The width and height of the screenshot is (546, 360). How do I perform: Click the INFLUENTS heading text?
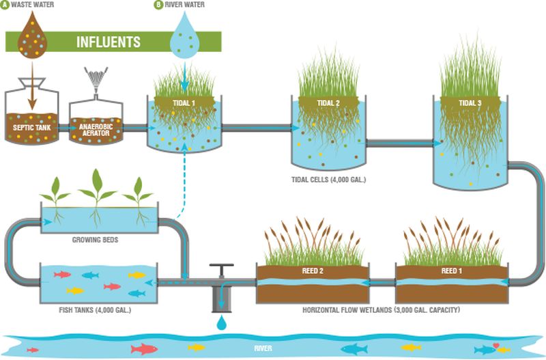[x=109, y=41]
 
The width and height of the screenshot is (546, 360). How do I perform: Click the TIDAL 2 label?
[x=328, y=102]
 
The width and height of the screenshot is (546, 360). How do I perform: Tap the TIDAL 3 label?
[x=470, y=103]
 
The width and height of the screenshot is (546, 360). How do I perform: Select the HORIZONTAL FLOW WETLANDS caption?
[x=381, y=311]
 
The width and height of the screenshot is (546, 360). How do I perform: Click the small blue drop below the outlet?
[x=221, y=322]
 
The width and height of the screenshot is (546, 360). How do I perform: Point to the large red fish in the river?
[x=145, y=348]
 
